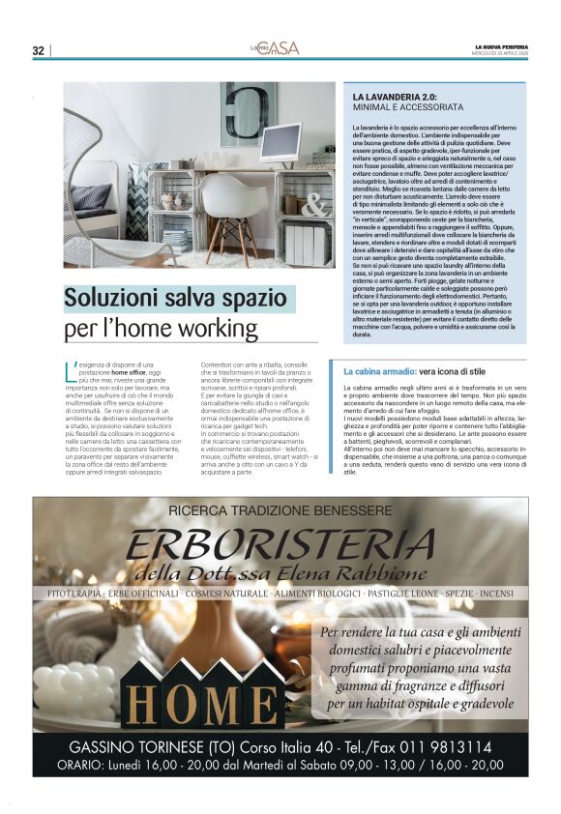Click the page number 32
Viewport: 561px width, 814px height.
pyautogui.click(x=39, y=50)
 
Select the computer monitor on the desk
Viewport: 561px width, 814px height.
pyautogui.click(x=280, y=143)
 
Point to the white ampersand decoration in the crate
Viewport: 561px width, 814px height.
pyautogui.click(x=314, y=206)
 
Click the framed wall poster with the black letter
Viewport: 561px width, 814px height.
pyautogui.click(x=248, y=113)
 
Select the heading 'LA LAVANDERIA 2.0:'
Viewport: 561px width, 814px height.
pyautogui.click(x=396, y=98)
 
